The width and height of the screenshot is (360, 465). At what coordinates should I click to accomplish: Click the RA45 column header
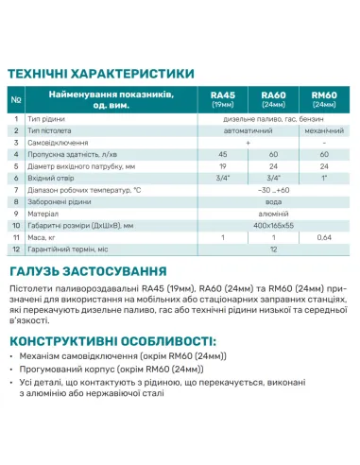222,98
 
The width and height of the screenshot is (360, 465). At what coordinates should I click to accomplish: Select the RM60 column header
324,98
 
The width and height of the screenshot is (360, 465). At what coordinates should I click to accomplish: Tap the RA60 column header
273,98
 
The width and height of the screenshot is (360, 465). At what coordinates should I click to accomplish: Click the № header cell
16,98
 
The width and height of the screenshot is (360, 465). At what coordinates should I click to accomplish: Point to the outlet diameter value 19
222,164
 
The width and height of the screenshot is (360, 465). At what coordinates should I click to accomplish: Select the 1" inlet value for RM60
324,176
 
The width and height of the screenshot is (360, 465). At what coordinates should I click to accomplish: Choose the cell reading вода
273,201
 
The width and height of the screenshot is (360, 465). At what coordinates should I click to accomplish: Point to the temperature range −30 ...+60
273,189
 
